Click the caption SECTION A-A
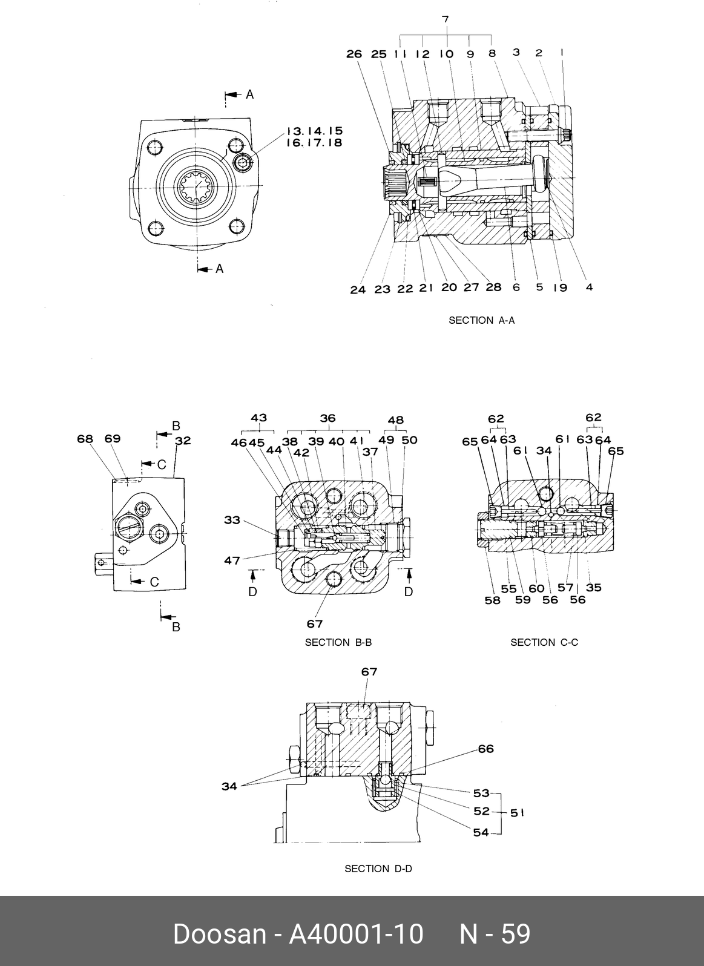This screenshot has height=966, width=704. point(481,320)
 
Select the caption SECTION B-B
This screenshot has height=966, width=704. point(338,642)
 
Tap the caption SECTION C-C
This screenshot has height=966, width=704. point(544,642)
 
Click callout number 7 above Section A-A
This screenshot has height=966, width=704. point(446,19)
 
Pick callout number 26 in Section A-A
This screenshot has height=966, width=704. point(354,54)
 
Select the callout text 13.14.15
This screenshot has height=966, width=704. point(315,131)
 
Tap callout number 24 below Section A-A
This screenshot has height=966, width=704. point(358,289)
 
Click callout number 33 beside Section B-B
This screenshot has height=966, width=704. point(232,520)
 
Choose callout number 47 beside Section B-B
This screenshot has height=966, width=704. point(232,560)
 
